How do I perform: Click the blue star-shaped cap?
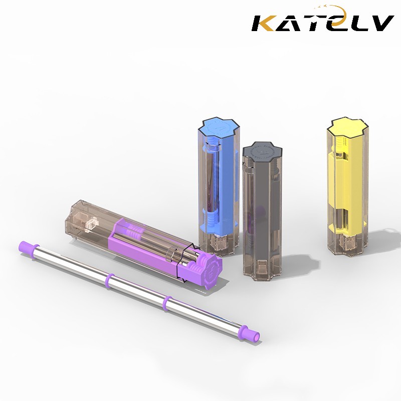click(219, 127)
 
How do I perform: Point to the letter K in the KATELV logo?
click(266, 23)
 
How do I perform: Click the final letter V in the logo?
click(380, 23)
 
